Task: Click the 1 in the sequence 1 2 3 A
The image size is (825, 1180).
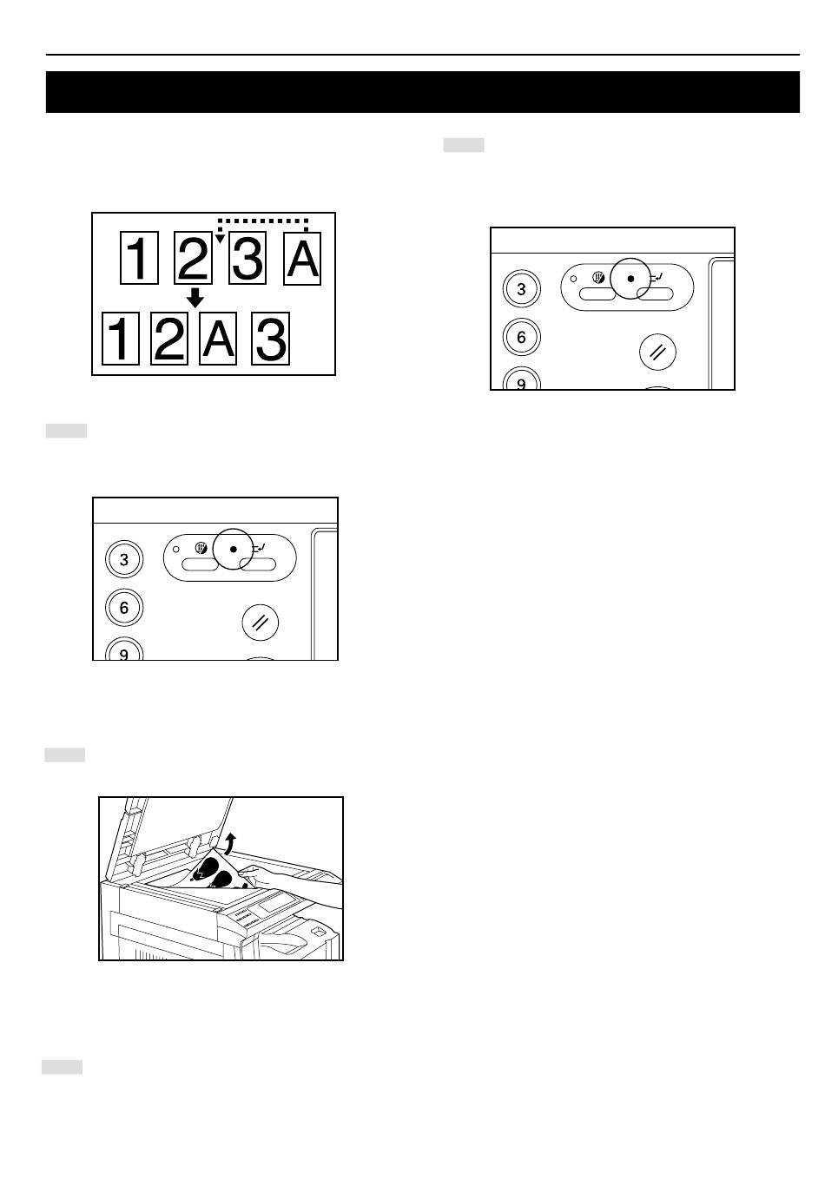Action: (139, 258)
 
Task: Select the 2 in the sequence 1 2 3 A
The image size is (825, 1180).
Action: (194, 258)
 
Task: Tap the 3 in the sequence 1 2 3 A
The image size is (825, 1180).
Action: (247, 258)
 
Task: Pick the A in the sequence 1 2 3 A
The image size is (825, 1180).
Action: (302, 258)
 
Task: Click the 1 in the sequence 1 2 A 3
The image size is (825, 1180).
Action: (121, 338)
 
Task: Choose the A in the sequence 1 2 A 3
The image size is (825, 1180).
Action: (218, 338)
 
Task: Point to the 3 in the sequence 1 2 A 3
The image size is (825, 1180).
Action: (270, 338)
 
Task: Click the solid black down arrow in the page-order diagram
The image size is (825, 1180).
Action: (195, 298)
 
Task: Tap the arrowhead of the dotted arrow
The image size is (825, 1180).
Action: (221, 239)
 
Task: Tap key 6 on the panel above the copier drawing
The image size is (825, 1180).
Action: (124, 608)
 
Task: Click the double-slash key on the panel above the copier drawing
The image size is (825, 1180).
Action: (261, 623)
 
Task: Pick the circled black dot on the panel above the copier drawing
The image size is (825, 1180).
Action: (234, 549)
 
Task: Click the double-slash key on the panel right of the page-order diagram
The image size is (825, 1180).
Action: (657, 352)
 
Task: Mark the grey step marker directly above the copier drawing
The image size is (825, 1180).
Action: (65, 755)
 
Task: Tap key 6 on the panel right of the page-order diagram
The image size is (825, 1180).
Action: (522, 337)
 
